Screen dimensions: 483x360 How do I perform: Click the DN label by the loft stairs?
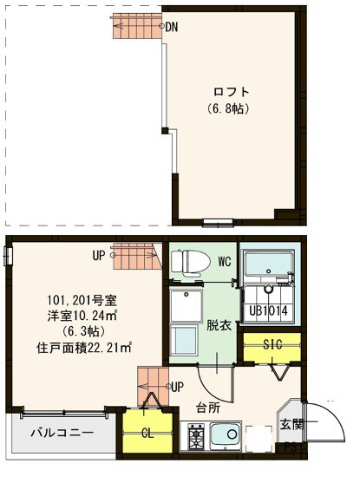point(172,27)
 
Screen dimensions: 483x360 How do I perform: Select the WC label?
point(224,261)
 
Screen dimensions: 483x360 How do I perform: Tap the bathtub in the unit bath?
point(269,264)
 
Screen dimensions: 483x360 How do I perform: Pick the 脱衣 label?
point(217,326)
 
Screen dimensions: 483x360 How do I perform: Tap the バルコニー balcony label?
point(62,432)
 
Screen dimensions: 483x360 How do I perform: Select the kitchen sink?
point(226,434)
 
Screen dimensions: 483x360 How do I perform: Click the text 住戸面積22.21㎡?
point(84,348)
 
